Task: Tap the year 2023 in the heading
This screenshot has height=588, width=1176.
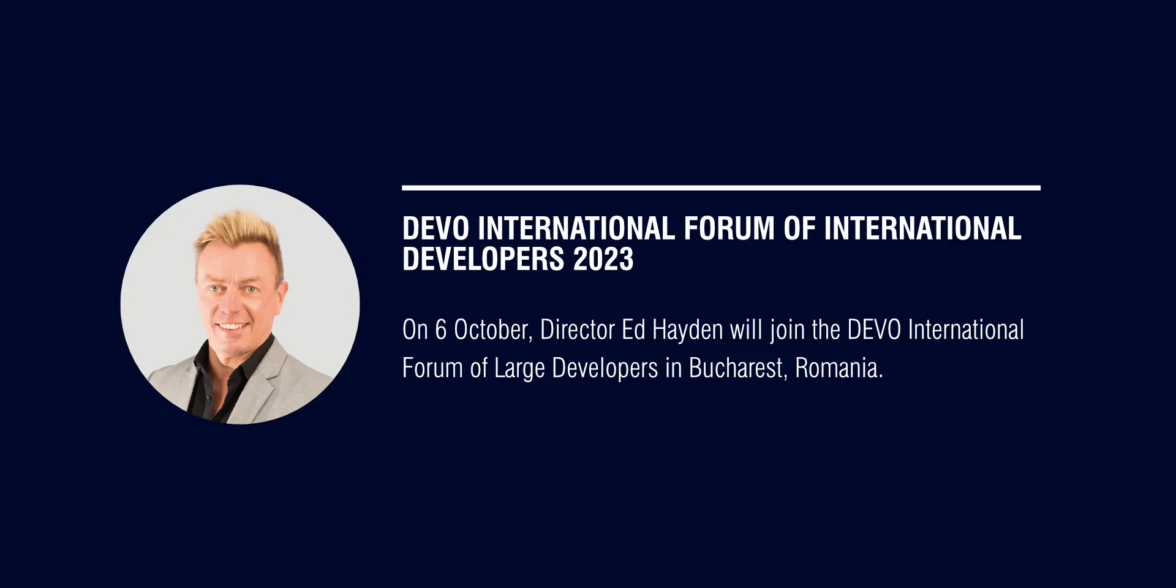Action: click(x=603, y=259)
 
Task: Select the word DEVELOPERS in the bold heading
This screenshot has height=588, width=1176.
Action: click(x=483, y=259)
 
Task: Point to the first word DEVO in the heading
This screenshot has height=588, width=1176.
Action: click(x=435, y=228)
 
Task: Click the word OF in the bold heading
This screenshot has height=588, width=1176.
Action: click(x=799, y=228)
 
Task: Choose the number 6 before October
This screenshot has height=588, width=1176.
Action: click(x=441, y=330)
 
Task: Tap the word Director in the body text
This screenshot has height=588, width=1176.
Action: click(x=577, y=330)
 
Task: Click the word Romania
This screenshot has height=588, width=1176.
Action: click(x=839, y=368)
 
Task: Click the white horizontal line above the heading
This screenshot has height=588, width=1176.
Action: click(x=721, y=188)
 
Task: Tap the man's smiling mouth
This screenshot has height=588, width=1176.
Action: click(x=233, y=326)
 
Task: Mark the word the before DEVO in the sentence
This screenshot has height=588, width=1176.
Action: click(x=826, y=330)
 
